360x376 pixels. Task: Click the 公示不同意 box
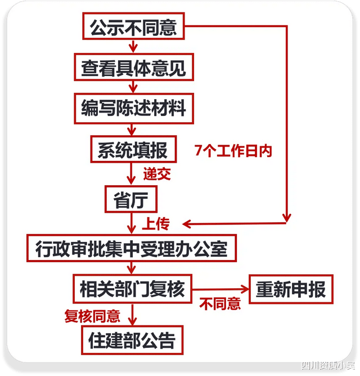click(x=133, y=26)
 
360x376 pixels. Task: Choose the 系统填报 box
click(x=133, y=150)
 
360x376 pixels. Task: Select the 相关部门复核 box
click(x=133, y=289)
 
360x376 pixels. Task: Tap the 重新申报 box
click(x=290, y=289)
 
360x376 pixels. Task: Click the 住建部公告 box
click(x=132, y=340)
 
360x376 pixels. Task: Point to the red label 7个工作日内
click(x=233, y=151)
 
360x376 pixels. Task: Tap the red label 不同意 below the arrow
click(x=220, y=304)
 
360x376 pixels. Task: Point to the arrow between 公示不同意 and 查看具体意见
click(x=133, y=46)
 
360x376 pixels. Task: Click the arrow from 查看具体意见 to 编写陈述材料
click(x=133, y=87)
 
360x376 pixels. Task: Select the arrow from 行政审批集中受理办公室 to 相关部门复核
click(x=133, y=268)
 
